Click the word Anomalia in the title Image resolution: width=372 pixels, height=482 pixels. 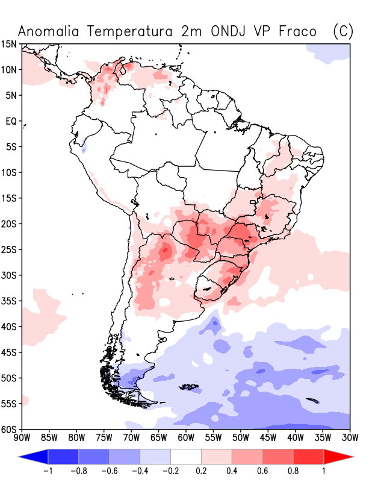[48, 32]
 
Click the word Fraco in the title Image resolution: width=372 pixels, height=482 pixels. [298, 32]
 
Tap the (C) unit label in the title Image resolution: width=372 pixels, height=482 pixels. [343, 32]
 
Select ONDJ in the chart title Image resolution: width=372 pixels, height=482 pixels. [228, 32]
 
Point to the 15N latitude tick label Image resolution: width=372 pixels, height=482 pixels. [8, 44]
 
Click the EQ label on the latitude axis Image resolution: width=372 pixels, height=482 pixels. [11, 121]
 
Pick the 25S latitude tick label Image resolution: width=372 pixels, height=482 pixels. [8, 249]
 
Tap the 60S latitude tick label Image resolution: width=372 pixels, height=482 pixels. [8, 429]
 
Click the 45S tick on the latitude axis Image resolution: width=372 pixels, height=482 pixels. [8, 352]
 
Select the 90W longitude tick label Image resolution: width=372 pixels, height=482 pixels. [22, 437]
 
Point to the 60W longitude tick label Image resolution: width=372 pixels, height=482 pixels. [186, 437]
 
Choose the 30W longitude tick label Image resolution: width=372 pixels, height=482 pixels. [350, 437]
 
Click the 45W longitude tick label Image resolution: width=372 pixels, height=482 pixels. [268, 437]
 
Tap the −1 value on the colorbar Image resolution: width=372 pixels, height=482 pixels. [48, 471]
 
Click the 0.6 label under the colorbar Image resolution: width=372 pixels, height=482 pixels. [262, 471]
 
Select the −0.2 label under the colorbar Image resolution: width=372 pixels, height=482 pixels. [170, 471]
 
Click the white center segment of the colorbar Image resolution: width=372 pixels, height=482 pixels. [186, 457]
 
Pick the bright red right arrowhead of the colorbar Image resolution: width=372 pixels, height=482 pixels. [337, 457]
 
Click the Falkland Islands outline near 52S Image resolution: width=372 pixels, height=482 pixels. [188, 386]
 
